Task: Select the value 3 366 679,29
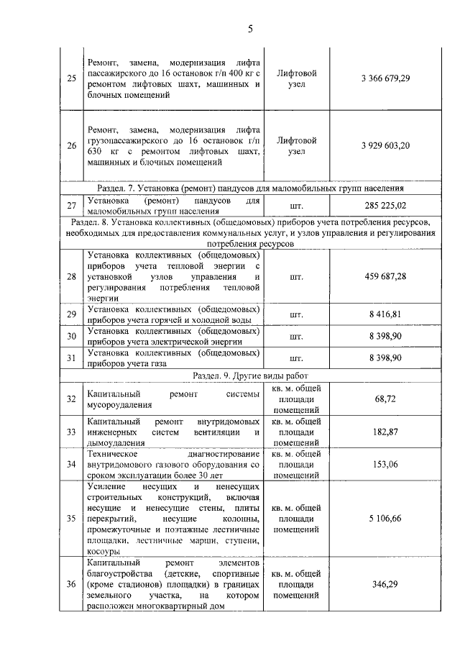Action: click(385, 78)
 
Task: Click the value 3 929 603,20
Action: click(385, 146)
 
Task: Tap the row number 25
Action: click(70, 78)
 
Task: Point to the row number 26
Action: click(70, 146)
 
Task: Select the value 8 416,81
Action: click(385, 314)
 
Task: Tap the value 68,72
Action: click(385, 399)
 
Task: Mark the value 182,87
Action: click(385, 432)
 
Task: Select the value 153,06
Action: click(385, 465)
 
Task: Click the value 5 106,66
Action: click(385, 519)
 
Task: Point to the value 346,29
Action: click(385, 584)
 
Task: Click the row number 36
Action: click(70, 584)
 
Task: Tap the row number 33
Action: click(70, 432)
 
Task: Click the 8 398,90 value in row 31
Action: click(385, 358)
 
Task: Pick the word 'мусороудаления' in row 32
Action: click(118, 406)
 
